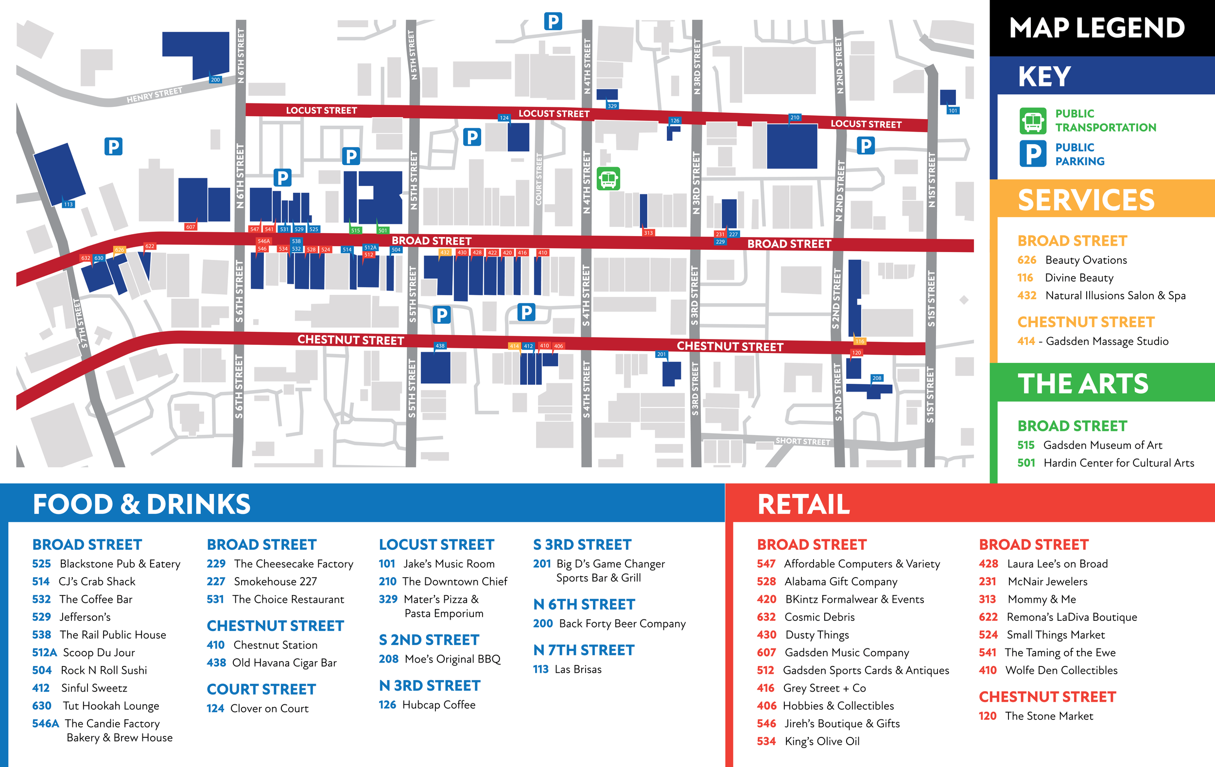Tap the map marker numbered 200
(215, 80)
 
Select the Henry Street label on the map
(154, 95)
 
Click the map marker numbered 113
(68, 204)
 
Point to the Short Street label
(802, 441)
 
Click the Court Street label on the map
(538, 179)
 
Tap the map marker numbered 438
(440, 346)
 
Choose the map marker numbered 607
(190, 227)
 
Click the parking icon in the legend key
(1033, 154)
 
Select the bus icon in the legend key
(1033, 120)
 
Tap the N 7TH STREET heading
(584, 650)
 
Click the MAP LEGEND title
(1096, 28)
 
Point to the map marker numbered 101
(953, 111)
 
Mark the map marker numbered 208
(877, 378)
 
